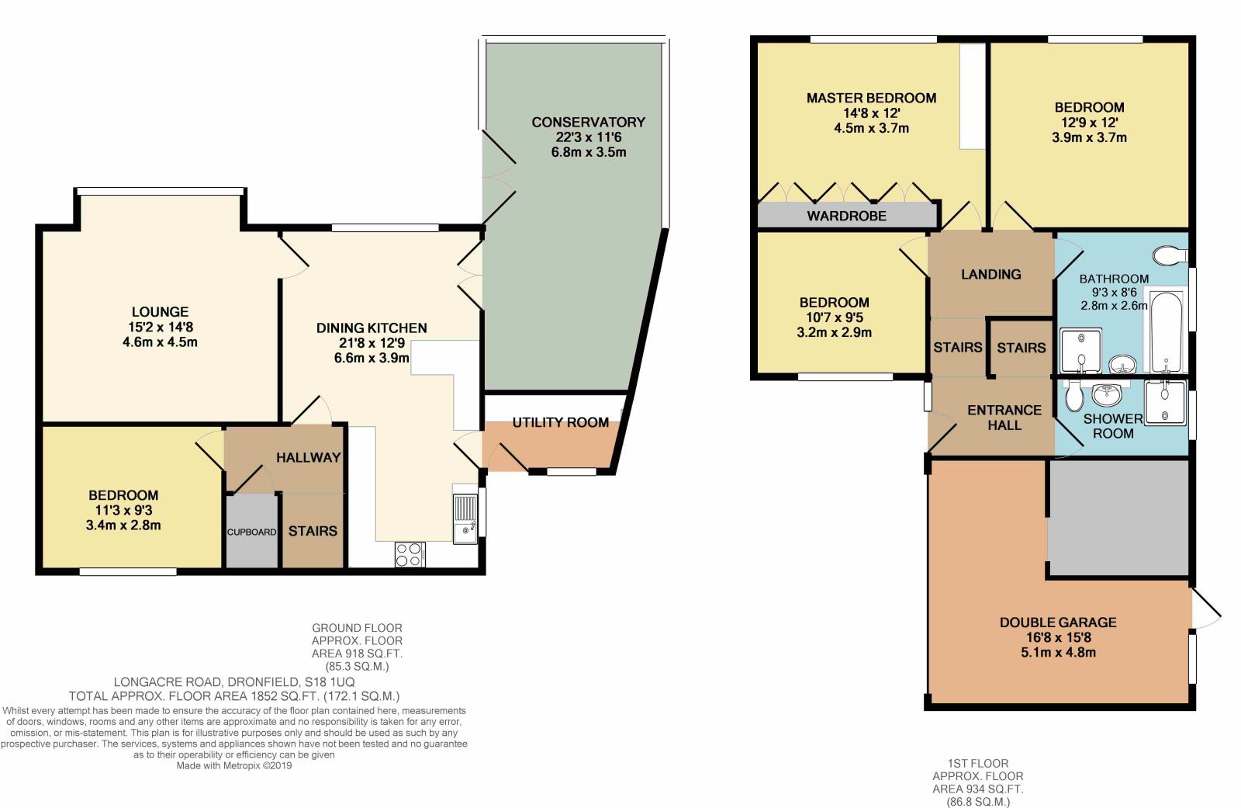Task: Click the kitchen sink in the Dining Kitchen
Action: [465, 518]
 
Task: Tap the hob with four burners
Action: [410, 554]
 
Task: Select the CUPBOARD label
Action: [251, 532]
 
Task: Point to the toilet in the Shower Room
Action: [1074, 397]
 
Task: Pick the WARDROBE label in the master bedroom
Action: [846, 216]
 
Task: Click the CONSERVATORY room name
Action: [588, 122]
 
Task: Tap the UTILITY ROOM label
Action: [560, 422]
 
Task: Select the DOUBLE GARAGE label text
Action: [1057, 622]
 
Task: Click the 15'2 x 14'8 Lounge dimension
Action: [160, 327]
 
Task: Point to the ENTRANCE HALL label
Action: [1004, 418]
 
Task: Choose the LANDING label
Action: [990, 274]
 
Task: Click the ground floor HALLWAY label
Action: [308, 457]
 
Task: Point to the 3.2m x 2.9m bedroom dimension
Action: [834, 332]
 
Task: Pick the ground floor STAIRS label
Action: [313, 531]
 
